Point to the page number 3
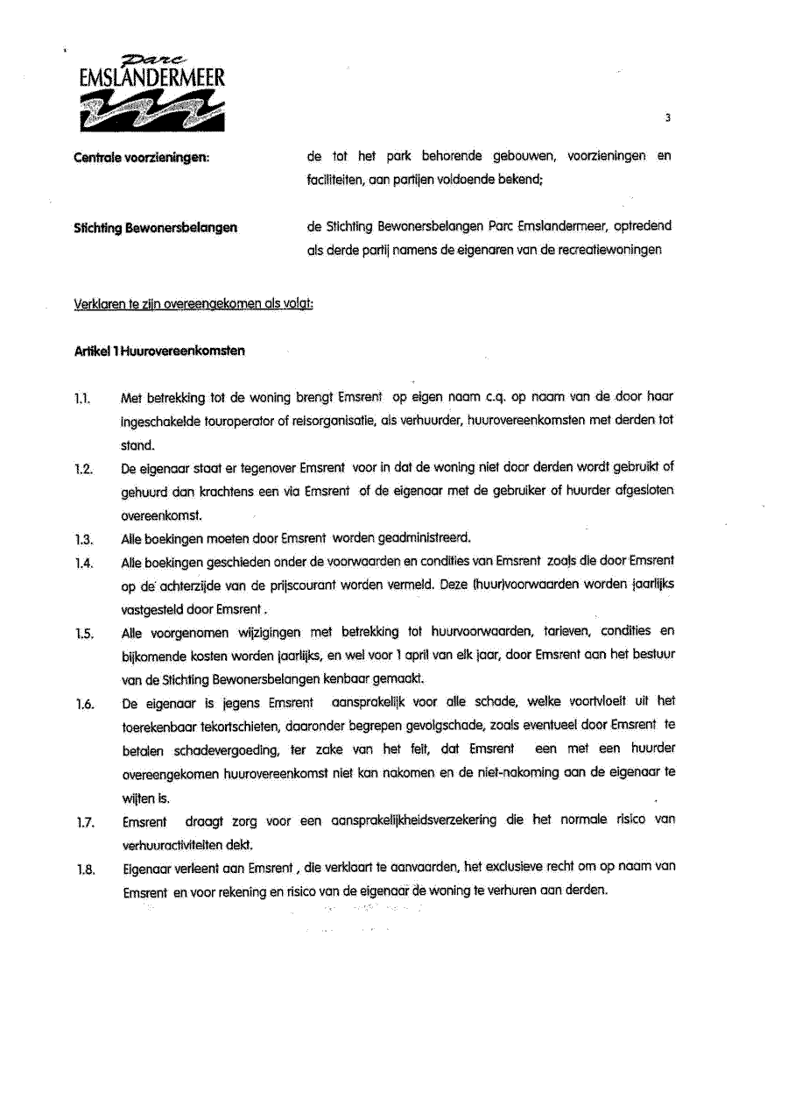click(x=667, y=117)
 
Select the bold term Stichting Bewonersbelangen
click(x=156, y=230)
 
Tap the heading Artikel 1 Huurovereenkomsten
click(x=159, y=351)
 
